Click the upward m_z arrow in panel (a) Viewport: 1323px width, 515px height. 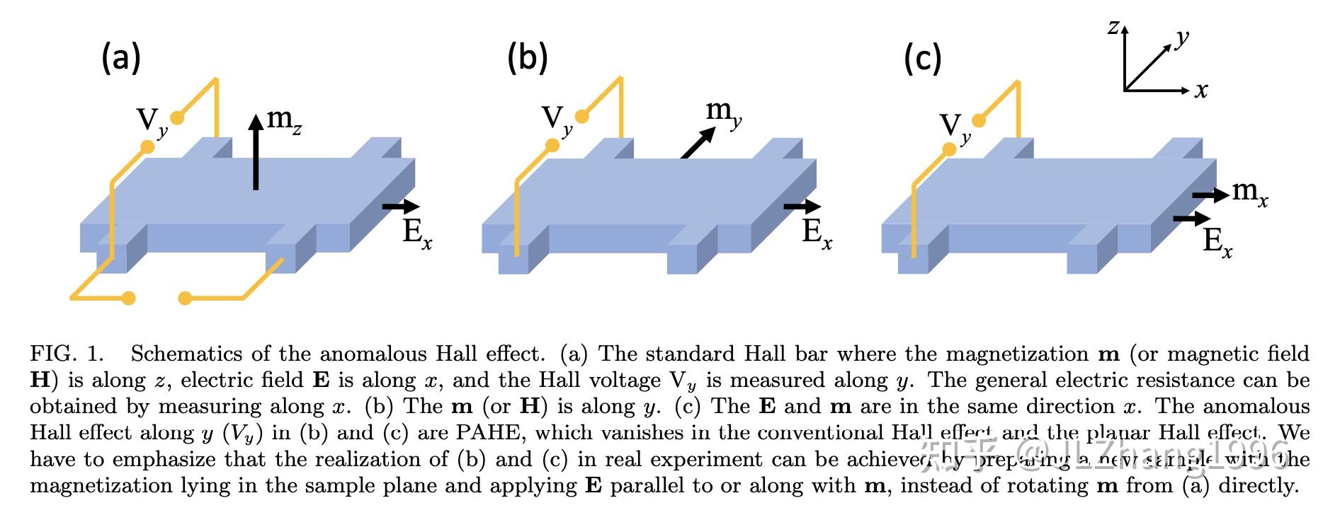(256, 151)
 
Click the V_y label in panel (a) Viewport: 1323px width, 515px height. (152, 122)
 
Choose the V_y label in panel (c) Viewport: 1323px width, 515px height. (955, 127)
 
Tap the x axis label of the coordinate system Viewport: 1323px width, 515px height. (1201, 91)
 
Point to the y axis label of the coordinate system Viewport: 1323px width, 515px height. (1181, 38)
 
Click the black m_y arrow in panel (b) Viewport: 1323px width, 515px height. (698, 144)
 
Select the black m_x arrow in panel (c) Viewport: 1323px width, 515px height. (1210, 195)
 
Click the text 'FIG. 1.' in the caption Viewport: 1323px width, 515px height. (67, 354)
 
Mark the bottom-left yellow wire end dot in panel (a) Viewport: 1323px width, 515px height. (128, 298)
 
